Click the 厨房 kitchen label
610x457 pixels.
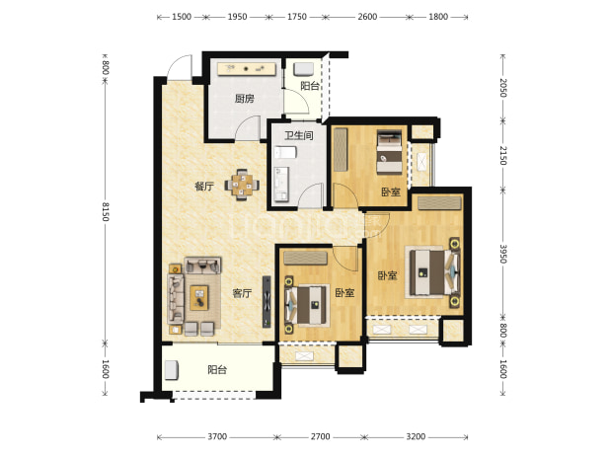point(245,99)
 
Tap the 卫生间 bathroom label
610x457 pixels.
point(299,135)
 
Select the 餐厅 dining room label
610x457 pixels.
point(204,187)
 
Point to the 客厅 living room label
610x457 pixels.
point(242,293)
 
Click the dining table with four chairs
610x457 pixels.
point(242,185)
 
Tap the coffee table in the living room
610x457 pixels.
point(199,298)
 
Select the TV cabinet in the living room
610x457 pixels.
point(267,301)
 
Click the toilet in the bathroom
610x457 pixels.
point(285,152)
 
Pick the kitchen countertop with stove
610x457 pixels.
point(247,69)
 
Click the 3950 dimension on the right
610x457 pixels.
point(503,254)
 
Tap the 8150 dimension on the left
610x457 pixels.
point(105,211)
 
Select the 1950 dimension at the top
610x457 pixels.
point(237,17)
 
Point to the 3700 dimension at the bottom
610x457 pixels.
point(217,437)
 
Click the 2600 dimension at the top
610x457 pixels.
point(367,17)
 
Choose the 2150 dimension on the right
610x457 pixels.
point(503,156)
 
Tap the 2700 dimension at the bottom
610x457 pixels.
point(320,437)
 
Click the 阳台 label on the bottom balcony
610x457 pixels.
point(217,369)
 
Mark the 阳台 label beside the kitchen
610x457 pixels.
point(310,86)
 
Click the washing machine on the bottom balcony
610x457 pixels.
point(171,370)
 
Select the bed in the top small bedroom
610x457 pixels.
point(389,152)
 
